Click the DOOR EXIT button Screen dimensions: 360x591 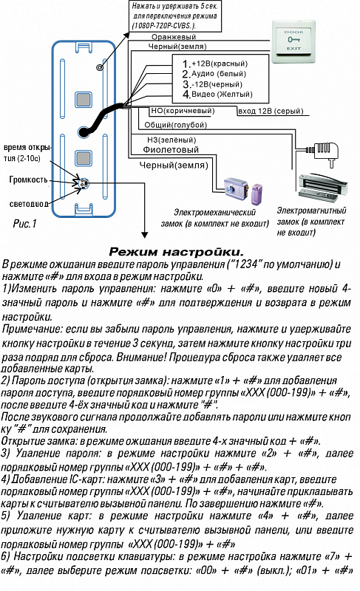tap(293, 41)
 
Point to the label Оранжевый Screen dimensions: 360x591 tap(174, 37)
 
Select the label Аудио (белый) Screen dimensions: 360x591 tap(219, 73)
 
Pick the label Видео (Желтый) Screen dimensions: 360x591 tap(222, 95)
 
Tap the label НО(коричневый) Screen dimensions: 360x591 tap(183, 111)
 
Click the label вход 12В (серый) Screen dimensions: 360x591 tap(271, 111)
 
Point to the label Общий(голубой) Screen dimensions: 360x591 tap(176, 125)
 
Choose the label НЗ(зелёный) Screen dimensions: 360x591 tap(171, 140)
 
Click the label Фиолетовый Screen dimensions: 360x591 tap(171, 150)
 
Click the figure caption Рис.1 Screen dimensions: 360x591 tap(25, 224)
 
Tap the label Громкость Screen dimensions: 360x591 tap(28, 180)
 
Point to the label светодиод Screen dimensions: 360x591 tap(29, 204)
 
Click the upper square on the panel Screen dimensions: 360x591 tap(83, 100)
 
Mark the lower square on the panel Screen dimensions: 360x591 tap(83, 158)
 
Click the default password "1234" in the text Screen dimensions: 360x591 tap(244, 264)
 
